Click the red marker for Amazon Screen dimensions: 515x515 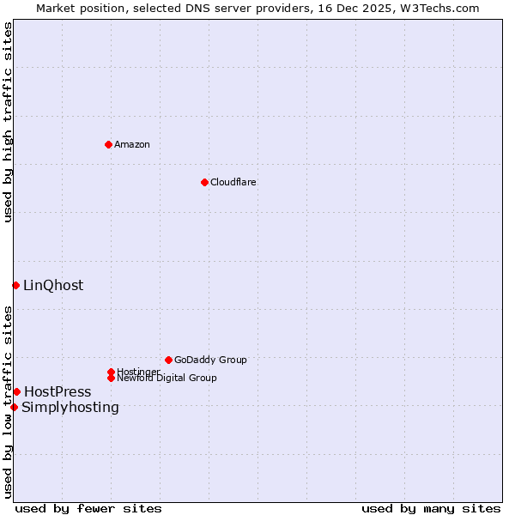(x=108, y=144)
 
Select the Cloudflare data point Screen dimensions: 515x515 (x=204, y=182)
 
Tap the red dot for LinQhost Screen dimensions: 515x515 (x=15, y=285)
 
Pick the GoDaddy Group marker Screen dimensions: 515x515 (x=168, y=360)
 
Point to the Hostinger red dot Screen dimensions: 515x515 (x=111, y=372)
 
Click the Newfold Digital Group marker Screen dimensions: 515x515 (x=111, y=378)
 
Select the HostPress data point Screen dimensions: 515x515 (x=16, y=391)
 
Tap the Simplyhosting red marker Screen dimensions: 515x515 (x=14, y=407)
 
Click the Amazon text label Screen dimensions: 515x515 (x=131, y=144)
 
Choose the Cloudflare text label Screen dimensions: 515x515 (x=233, y=182)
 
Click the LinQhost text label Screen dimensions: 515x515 (x=53, y=285)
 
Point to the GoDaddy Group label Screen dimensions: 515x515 (x=210, y=360)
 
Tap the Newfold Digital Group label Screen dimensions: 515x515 (x=167, y=378)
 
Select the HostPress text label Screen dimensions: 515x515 (x=58, y=391)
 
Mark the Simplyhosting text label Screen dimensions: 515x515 (x=70, y=407)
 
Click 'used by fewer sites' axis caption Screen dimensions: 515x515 (x=88, y=508)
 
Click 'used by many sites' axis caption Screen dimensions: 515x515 (x=431, y=508)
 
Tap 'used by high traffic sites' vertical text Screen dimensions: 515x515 (x=8, y=122)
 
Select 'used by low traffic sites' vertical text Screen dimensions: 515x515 (x=8, y=401)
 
